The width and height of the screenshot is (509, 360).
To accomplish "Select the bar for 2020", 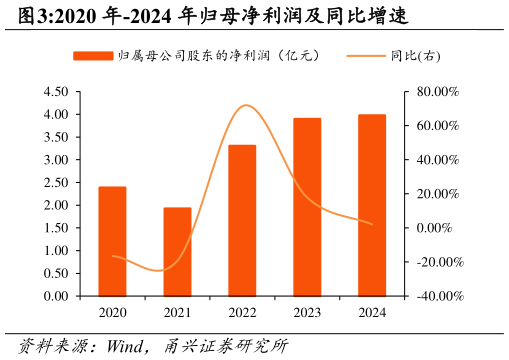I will coord(112,242).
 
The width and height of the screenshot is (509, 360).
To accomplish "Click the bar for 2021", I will coord(177,252).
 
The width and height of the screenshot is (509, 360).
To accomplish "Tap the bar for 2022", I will coord(242,221).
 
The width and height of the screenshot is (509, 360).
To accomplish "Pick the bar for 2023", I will coord(307,207).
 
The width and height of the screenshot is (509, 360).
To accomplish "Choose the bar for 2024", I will coord(372,205).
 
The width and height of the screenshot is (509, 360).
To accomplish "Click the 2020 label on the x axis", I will coord(112,313).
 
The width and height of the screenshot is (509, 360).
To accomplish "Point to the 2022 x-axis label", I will coord(242,313).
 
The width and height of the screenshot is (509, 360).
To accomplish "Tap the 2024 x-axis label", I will coord(372,313).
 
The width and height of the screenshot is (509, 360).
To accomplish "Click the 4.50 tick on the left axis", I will coord(56,92).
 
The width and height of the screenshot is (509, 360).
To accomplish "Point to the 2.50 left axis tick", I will coord(56,183).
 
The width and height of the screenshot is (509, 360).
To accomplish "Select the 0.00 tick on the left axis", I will coord(56,297).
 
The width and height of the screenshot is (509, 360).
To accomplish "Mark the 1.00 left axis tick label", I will coord(56,251).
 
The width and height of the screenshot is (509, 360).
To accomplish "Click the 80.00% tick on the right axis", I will coord(437,92).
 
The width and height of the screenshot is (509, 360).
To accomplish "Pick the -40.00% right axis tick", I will coord(437,297).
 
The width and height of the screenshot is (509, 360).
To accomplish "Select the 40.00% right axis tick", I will coord(437,160).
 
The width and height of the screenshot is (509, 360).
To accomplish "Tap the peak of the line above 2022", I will coord(245,105).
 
